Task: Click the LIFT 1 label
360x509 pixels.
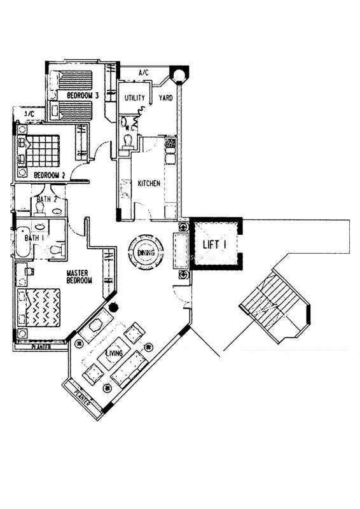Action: click(214, 244)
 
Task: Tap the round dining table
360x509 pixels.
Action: click(146, 252)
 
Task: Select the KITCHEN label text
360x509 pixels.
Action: click(149, 183)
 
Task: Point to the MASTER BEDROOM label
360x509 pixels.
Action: click(79, 277)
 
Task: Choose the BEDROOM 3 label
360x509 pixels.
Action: click(83, 95)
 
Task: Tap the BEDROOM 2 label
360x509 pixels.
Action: click(50, 176)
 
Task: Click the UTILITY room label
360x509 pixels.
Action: click(135, 98)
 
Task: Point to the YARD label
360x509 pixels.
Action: click(165, 98)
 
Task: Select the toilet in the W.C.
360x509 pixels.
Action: click(127, 141)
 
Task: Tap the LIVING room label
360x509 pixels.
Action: click(114, 353)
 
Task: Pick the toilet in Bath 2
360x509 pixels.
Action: click(40, 209)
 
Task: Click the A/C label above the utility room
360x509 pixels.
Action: click(144, 73)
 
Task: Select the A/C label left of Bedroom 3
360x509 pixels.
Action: click(29, 114)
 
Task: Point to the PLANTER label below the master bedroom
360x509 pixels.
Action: click(41, 347)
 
